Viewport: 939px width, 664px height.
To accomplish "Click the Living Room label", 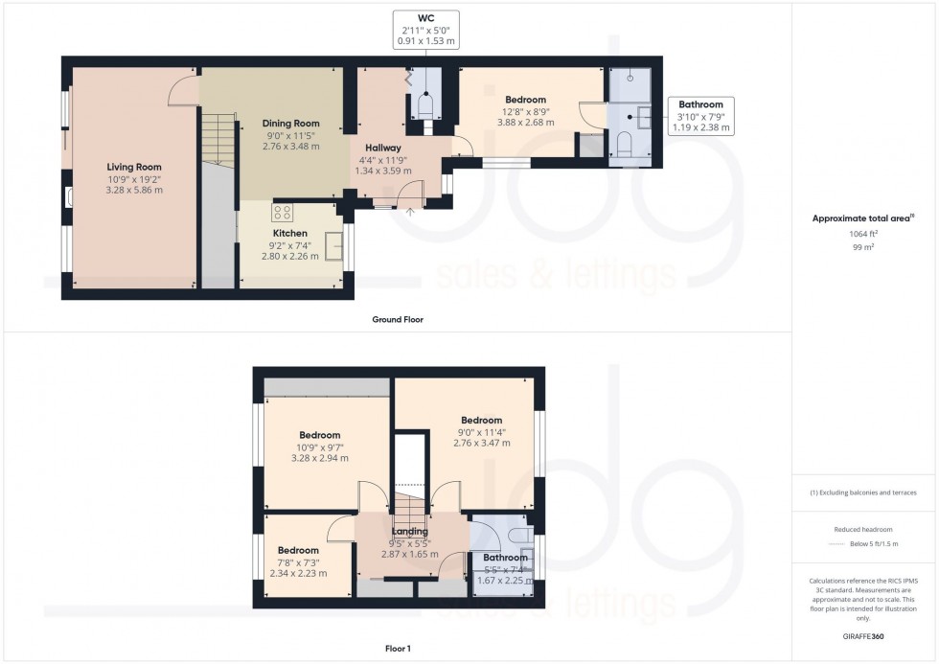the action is pos(134,167).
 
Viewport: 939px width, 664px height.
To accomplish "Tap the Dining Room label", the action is pos(291,124).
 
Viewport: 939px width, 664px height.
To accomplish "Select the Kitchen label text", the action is pos(289,233).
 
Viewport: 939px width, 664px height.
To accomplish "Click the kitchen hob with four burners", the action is pos(282,212).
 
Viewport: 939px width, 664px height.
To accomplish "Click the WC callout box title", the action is pos(426,18).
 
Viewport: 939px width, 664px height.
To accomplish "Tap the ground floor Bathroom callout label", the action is pos(700,104).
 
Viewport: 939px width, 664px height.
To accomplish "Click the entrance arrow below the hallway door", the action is pos(411,211).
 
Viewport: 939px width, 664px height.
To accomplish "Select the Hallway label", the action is pos(383,148).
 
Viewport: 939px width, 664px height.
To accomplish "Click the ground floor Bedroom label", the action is pos(526,100).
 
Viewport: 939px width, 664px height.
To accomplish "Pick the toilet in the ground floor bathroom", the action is pos(623,145).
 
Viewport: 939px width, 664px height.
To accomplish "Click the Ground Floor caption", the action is pos(398,320).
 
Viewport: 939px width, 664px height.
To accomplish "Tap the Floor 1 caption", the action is pos(398,649).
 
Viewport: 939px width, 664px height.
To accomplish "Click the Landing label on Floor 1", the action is pos(410,531).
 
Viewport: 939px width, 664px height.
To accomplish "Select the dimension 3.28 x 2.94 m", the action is pos(320,458).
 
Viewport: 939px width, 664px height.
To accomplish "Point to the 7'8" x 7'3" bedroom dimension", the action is pos(298,562).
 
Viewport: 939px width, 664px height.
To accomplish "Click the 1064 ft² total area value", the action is pos(862,234).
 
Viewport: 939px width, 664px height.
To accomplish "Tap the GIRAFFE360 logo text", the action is pos(863,636).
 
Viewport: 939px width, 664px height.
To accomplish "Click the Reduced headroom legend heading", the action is pos(863,529).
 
